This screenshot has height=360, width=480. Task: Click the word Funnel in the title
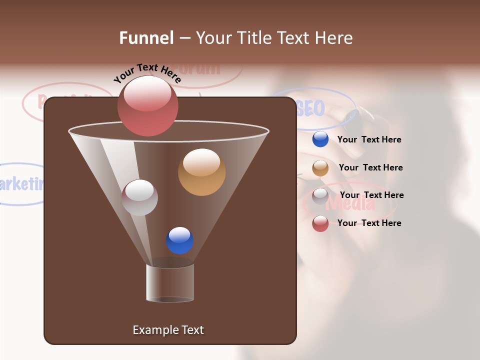(146, 38)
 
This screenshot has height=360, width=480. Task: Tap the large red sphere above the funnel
(148, 105)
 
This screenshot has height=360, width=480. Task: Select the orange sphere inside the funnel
(201, 172)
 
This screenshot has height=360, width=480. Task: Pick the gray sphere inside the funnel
(139, 197)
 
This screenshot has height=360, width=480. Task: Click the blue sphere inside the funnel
(179, 240)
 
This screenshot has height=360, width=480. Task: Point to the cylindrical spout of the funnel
(170, 283)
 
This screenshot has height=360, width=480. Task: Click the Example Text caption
(168, 330)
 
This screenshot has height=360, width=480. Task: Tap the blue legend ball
(320, 139)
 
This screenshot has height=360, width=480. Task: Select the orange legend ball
(320, 168)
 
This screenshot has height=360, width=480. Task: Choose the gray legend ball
(320, 196)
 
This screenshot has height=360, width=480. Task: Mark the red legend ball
(320, 223)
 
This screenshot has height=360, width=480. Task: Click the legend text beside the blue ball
(369, 139)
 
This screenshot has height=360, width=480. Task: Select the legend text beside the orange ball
(370, 167)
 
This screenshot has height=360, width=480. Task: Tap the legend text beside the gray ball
(371, 195)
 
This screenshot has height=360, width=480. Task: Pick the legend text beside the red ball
(369, 223)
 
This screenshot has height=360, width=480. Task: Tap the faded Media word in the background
(350, 203)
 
